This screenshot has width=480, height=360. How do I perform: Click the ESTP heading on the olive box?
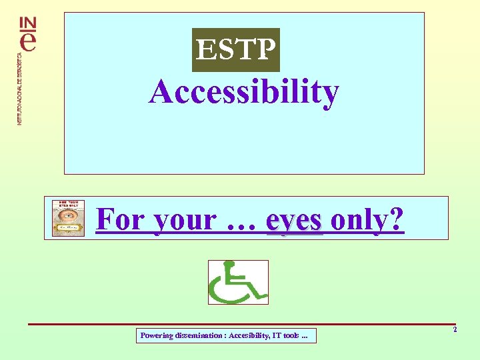click(236, 49)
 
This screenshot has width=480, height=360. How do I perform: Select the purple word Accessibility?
click(244, 93)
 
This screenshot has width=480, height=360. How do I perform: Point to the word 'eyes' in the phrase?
click(294, 221)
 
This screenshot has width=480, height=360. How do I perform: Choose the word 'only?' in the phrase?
click(367, 219)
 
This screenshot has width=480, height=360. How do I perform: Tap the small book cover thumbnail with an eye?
click(69, 218)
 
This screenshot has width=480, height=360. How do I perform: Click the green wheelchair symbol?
click(238, 282)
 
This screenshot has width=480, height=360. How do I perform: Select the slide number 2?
click(455, 330)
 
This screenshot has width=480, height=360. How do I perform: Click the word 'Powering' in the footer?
click(157, 336)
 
